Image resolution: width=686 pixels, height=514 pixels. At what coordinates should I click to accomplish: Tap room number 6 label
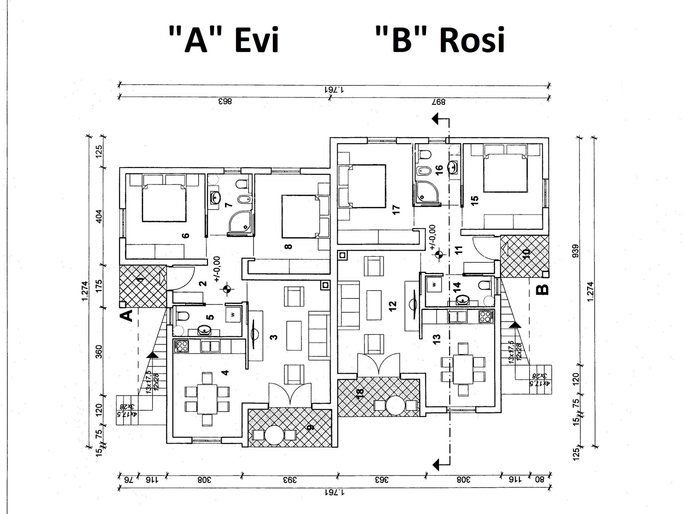tap(186, 236)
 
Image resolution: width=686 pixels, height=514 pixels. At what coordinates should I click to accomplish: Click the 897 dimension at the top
tap(439, 102)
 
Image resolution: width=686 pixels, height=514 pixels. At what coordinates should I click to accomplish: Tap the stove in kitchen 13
tap(486, 317)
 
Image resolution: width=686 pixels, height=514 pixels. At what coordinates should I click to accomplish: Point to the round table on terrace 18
tap(395, 405)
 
